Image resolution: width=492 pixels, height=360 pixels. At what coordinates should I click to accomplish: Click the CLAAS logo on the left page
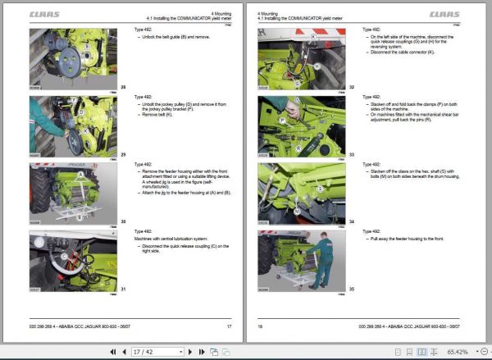[43, 14]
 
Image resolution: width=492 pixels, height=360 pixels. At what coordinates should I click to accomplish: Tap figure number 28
[123, 85]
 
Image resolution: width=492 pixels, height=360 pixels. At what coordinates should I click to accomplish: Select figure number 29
[123, 153]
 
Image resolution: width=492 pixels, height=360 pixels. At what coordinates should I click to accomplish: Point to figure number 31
[123, 288]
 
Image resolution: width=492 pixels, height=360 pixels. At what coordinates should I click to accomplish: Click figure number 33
[352, 153]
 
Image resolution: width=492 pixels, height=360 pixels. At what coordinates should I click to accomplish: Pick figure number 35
[352, 288]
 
